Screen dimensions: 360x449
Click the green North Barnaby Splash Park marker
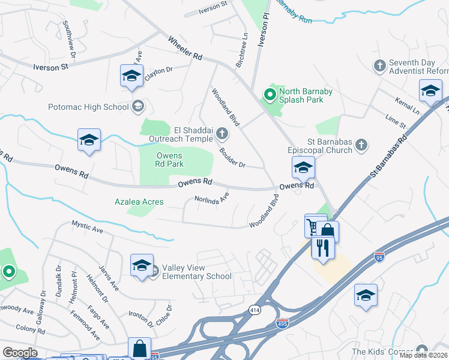pyautogui.click(x=270, y=94)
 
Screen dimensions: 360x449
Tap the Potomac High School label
pyautogui.click(x=89, y=107)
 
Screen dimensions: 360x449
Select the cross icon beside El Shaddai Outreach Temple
pyautogui.click(x=222, y=133)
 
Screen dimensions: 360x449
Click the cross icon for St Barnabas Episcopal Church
pyautogui.click(x=361, y=144)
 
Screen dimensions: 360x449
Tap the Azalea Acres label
pyautogui.click(x=139, y=202)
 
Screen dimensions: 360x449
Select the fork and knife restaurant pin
pyautogui.click(x=322, y=247)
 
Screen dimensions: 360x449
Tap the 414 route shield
pyautogui.click(x=255, y=310)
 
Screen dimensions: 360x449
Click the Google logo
pyautogui.click(x=20, y=352)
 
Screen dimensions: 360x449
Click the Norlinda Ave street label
pyautogui.click(x=211, y=197)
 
